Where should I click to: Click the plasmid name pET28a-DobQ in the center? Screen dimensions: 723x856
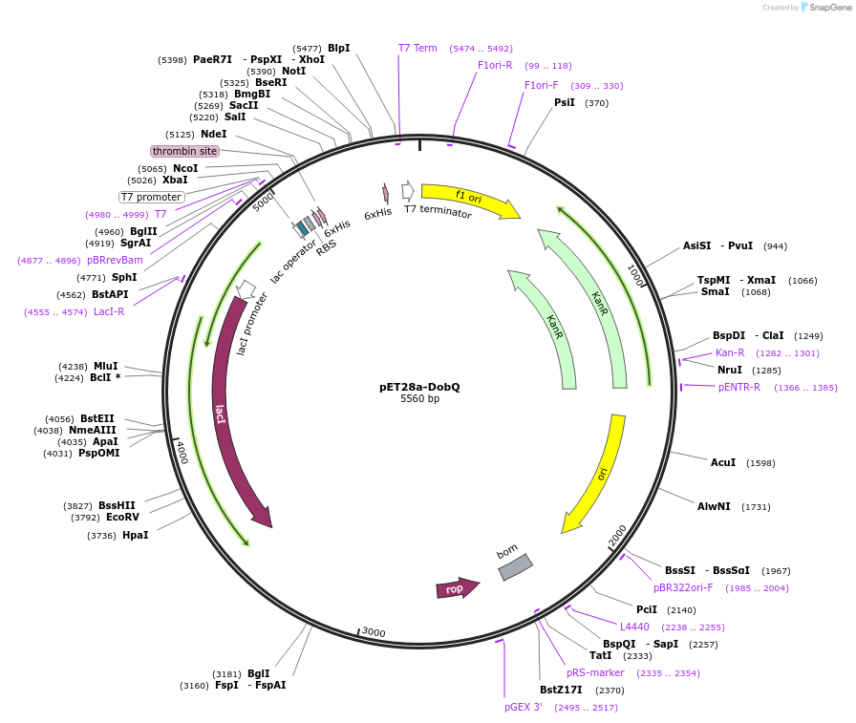(419, 387)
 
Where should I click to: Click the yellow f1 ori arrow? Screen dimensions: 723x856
(468, 199)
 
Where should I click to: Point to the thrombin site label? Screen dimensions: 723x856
(184, 151)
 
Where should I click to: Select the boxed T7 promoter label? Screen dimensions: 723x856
(151, 197)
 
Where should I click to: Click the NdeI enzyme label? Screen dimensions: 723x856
(213, 135)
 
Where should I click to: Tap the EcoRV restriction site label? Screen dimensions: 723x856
(122, 517)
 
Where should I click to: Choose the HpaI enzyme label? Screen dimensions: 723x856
(135, 535)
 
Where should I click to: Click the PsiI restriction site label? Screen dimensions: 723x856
(565, 102)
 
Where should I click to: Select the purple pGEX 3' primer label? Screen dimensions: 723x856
(524, 707)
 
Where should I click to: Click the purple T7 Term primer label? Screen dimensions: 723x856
(417, 48)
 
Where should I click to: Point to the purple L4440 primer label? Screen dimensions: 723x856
(634, 627)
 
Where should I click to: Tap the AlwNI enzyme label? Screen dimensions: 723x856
(714, 506)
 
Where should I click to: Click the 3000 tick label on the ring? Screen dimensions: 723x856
(373, 632)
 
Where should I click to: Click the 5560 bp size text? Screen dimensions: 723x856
(419, 399)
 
